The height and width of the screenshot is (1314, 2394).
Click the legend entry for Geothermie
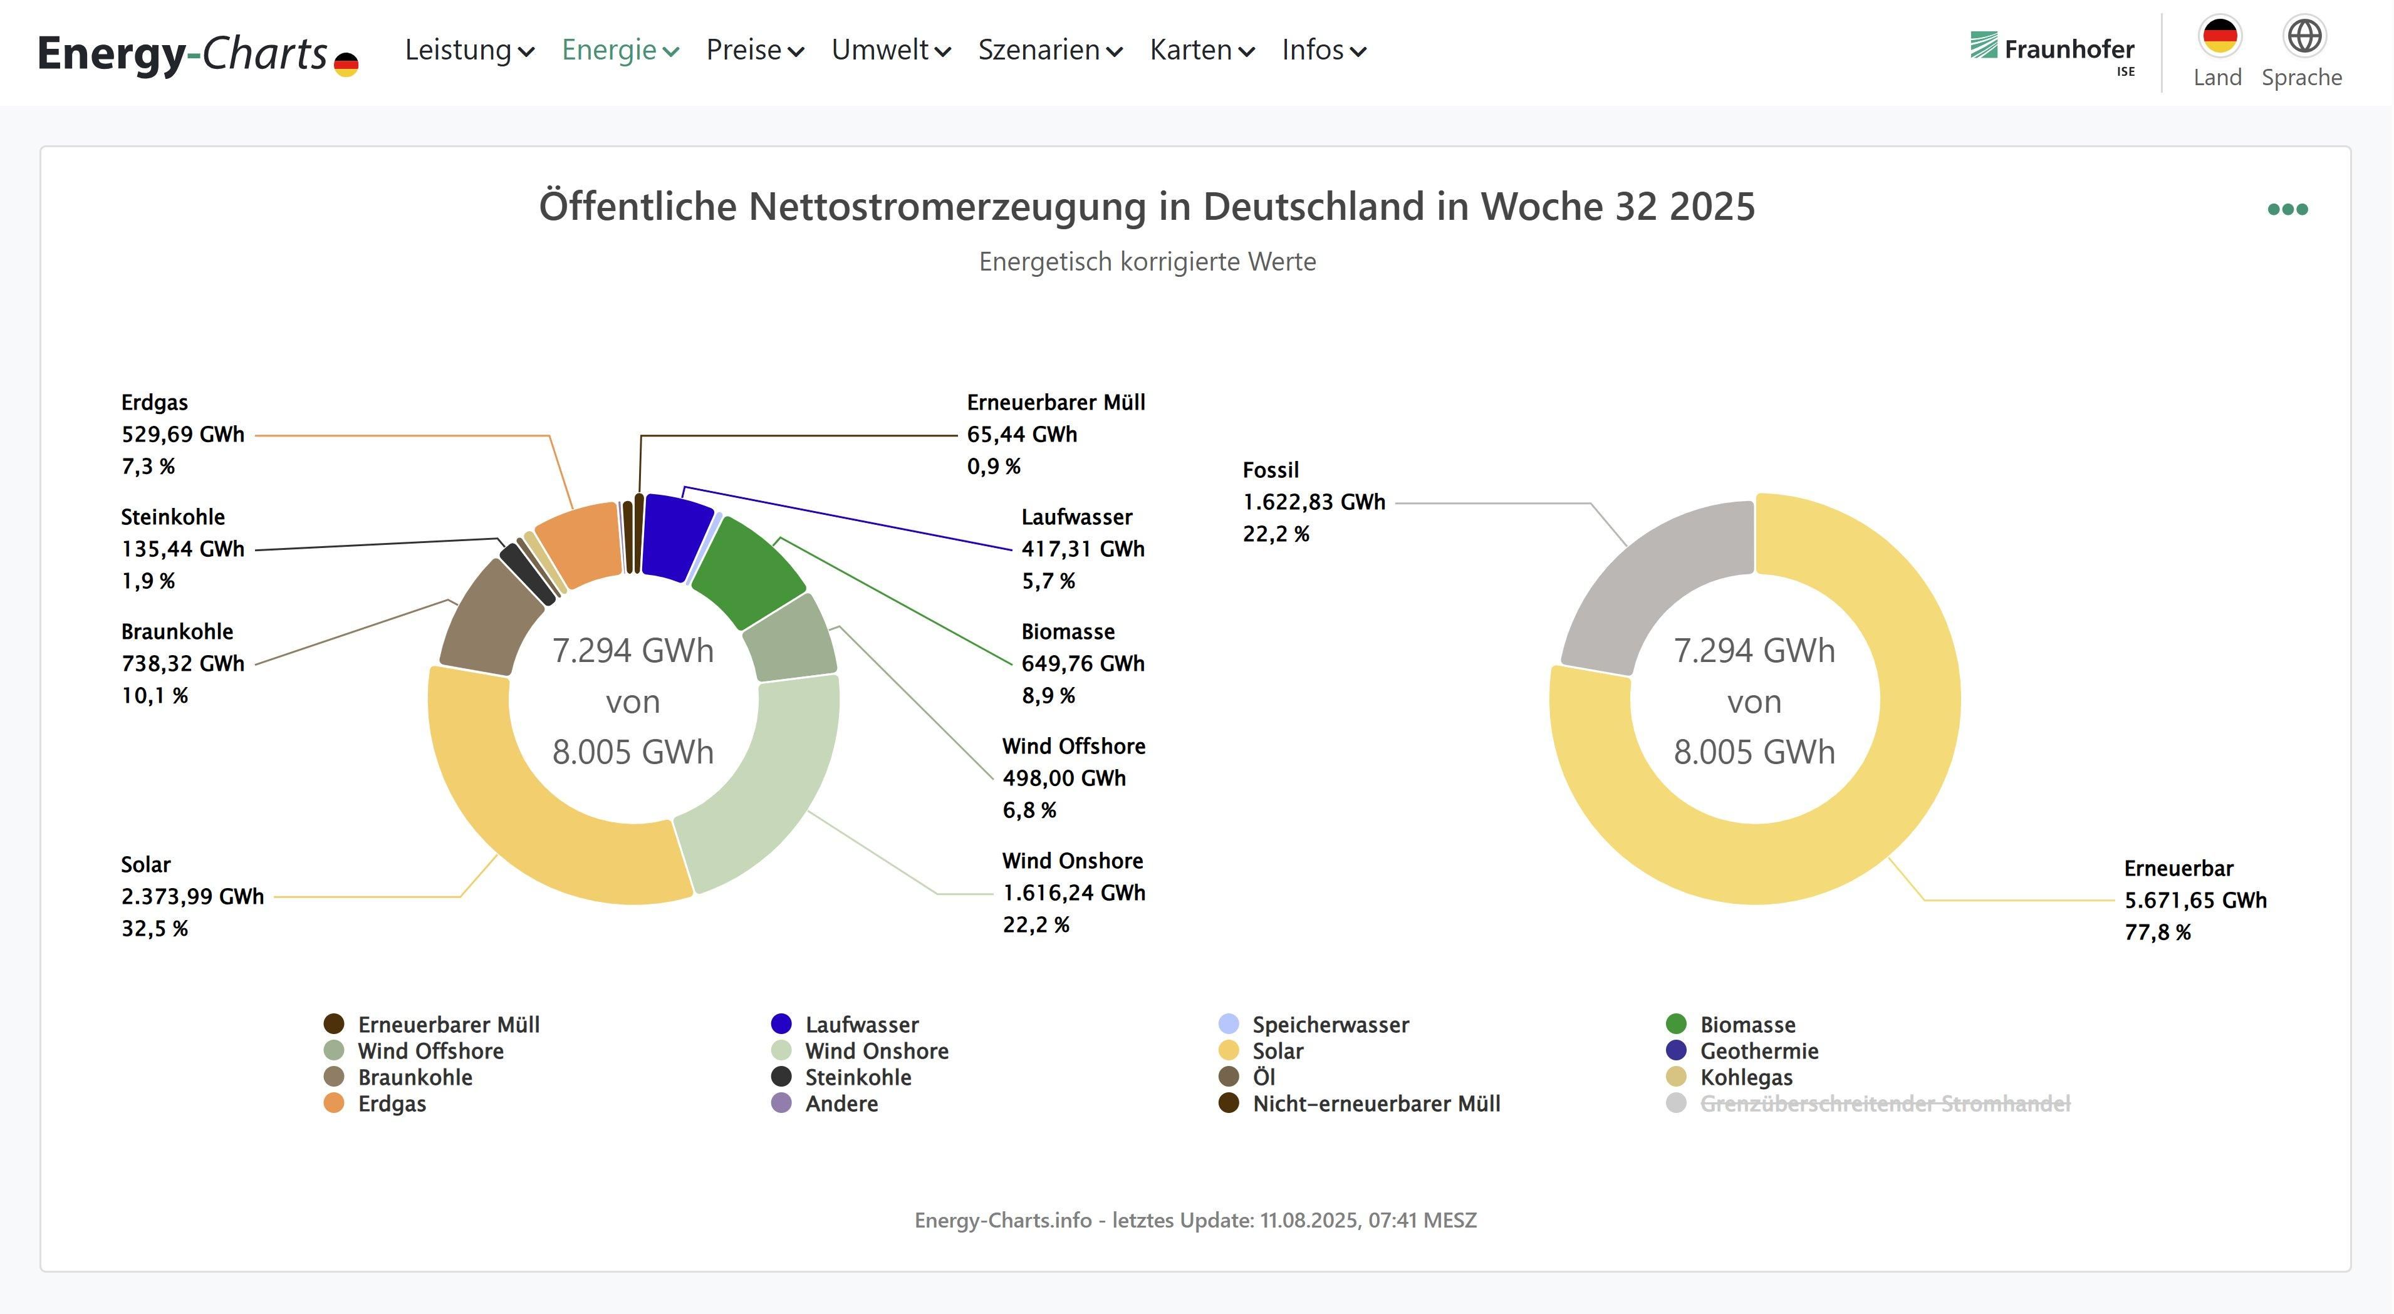1758,1051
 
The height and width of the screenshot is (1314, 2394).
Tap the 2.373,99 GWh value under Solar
192,897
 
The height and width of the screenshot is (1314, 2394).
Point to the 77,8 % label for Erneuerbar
2157,932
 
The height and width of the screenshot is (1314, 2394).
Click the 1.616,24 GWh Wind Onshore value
1073,893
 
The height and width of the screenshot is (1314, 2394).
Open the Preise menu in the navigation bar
754,50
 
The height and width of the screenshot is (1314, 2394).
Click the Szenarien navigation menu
1049,50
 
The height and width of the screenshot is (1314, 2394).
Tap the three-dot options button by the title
2287,209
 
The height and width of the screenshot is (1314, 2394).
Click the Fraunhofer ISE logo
2052,51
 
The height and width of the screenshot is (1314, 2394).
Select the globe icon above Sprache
2303,36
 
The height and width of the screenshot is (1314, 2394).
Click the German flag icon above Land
2219,36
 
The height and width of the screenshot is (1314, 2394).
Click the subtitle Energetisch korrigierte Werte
1147,262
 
